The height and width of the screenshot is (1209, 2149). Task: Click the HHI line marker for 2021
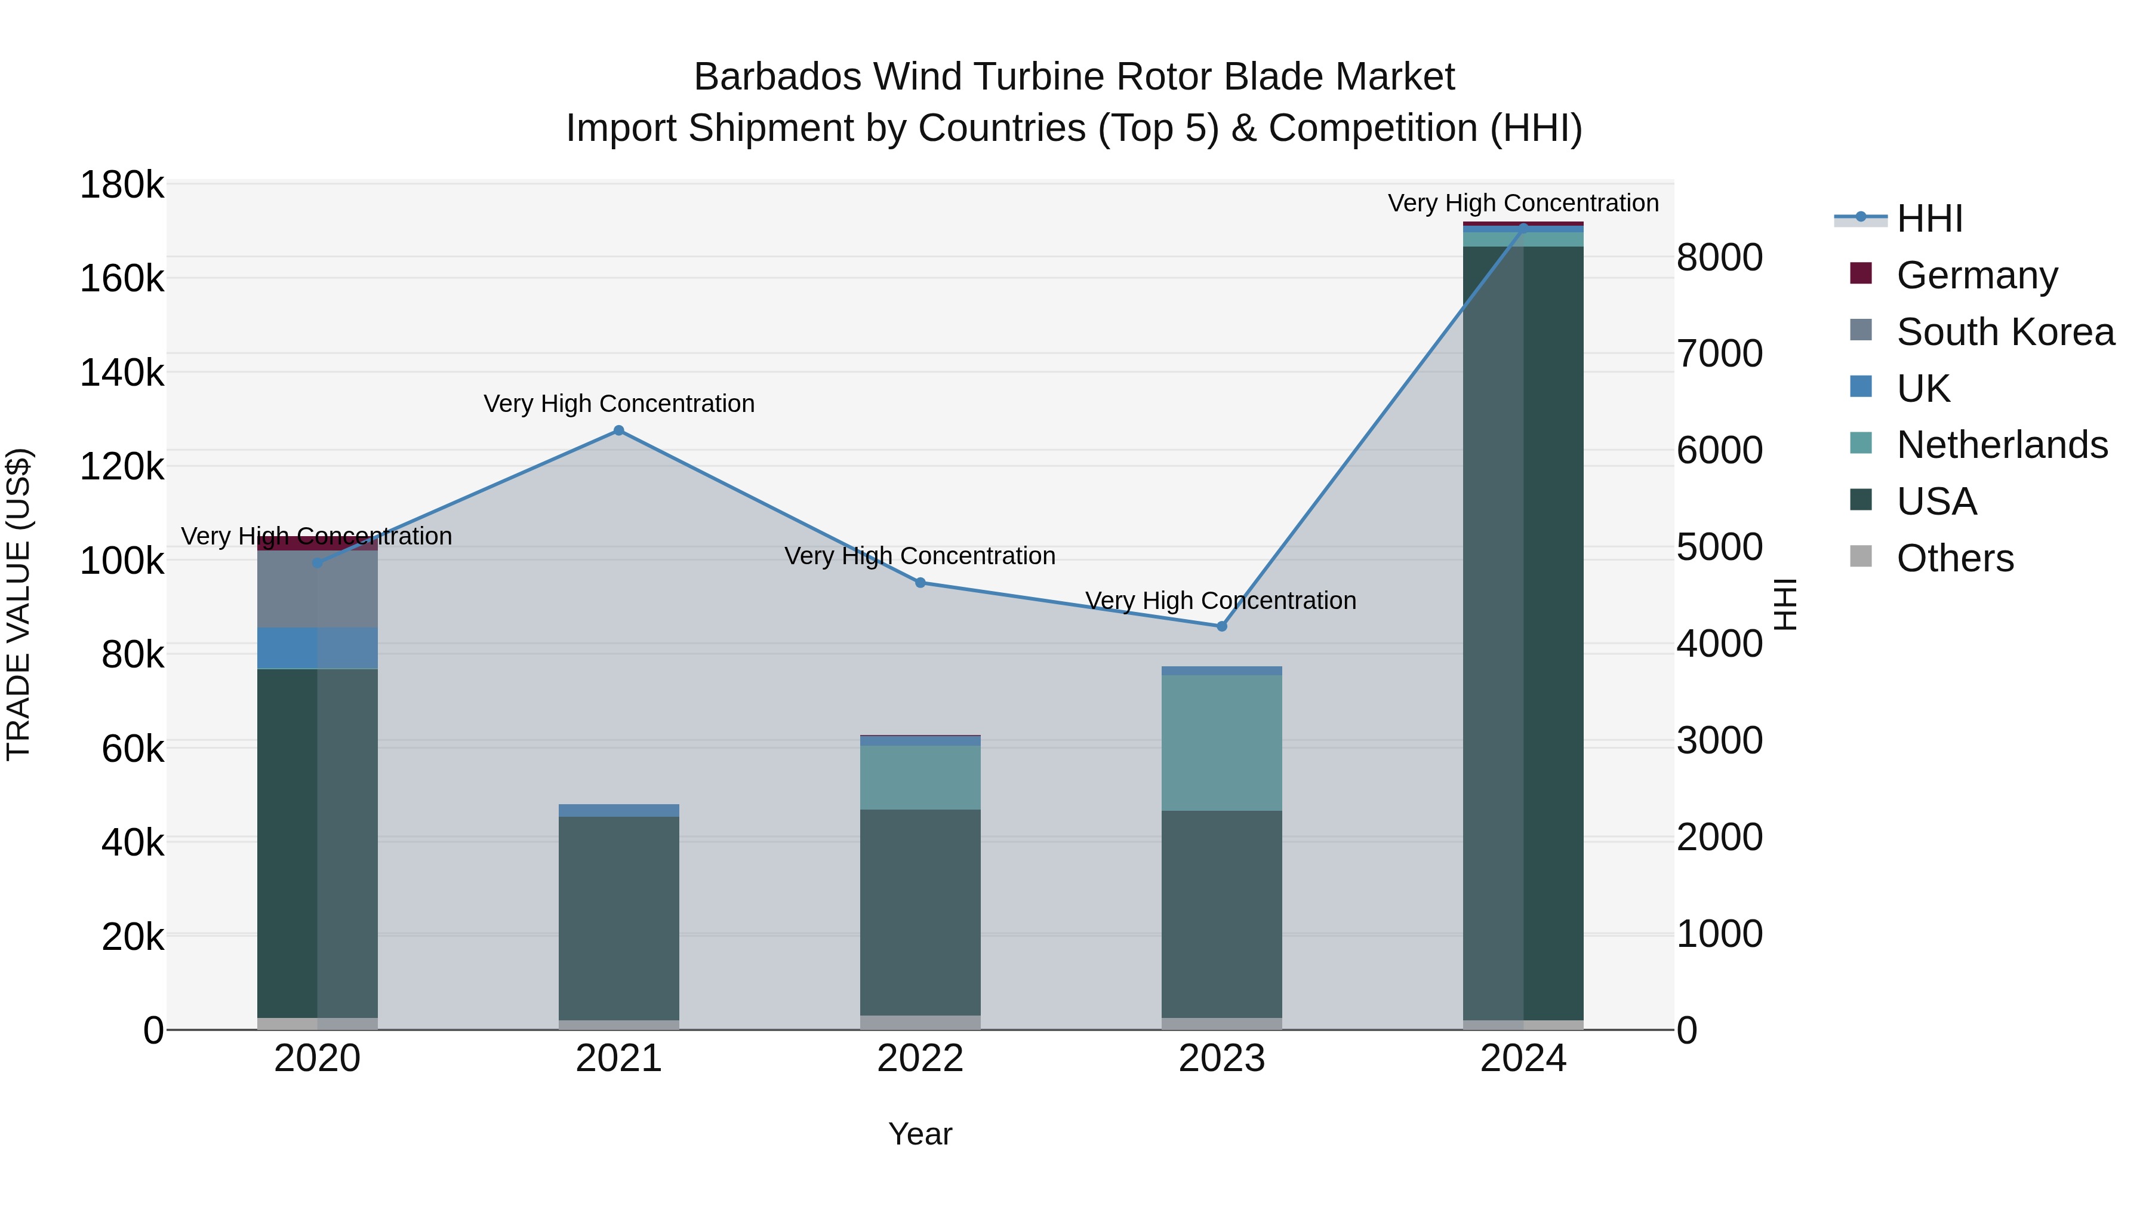618,430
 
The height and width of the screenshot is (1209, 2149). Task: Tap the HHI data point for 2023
1221,626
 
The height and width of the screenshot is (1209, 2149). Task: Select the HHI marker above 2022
920,582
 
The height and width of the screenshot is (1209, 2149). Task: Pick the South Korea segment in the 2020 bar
317,589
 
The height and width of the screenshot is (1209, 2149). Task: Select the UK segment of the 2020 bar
317,648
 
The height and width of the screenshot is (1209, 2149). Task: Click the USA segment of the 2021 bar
618,918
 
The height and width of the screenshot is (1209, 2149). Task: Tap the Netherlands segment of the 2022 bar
920,777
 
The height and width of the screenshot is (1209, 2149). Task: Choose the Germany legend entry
1976,275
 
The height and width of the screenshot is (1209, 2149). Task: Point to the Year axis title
919,1134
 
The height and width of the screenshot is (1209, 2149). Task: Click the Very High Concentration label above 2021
618,404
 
